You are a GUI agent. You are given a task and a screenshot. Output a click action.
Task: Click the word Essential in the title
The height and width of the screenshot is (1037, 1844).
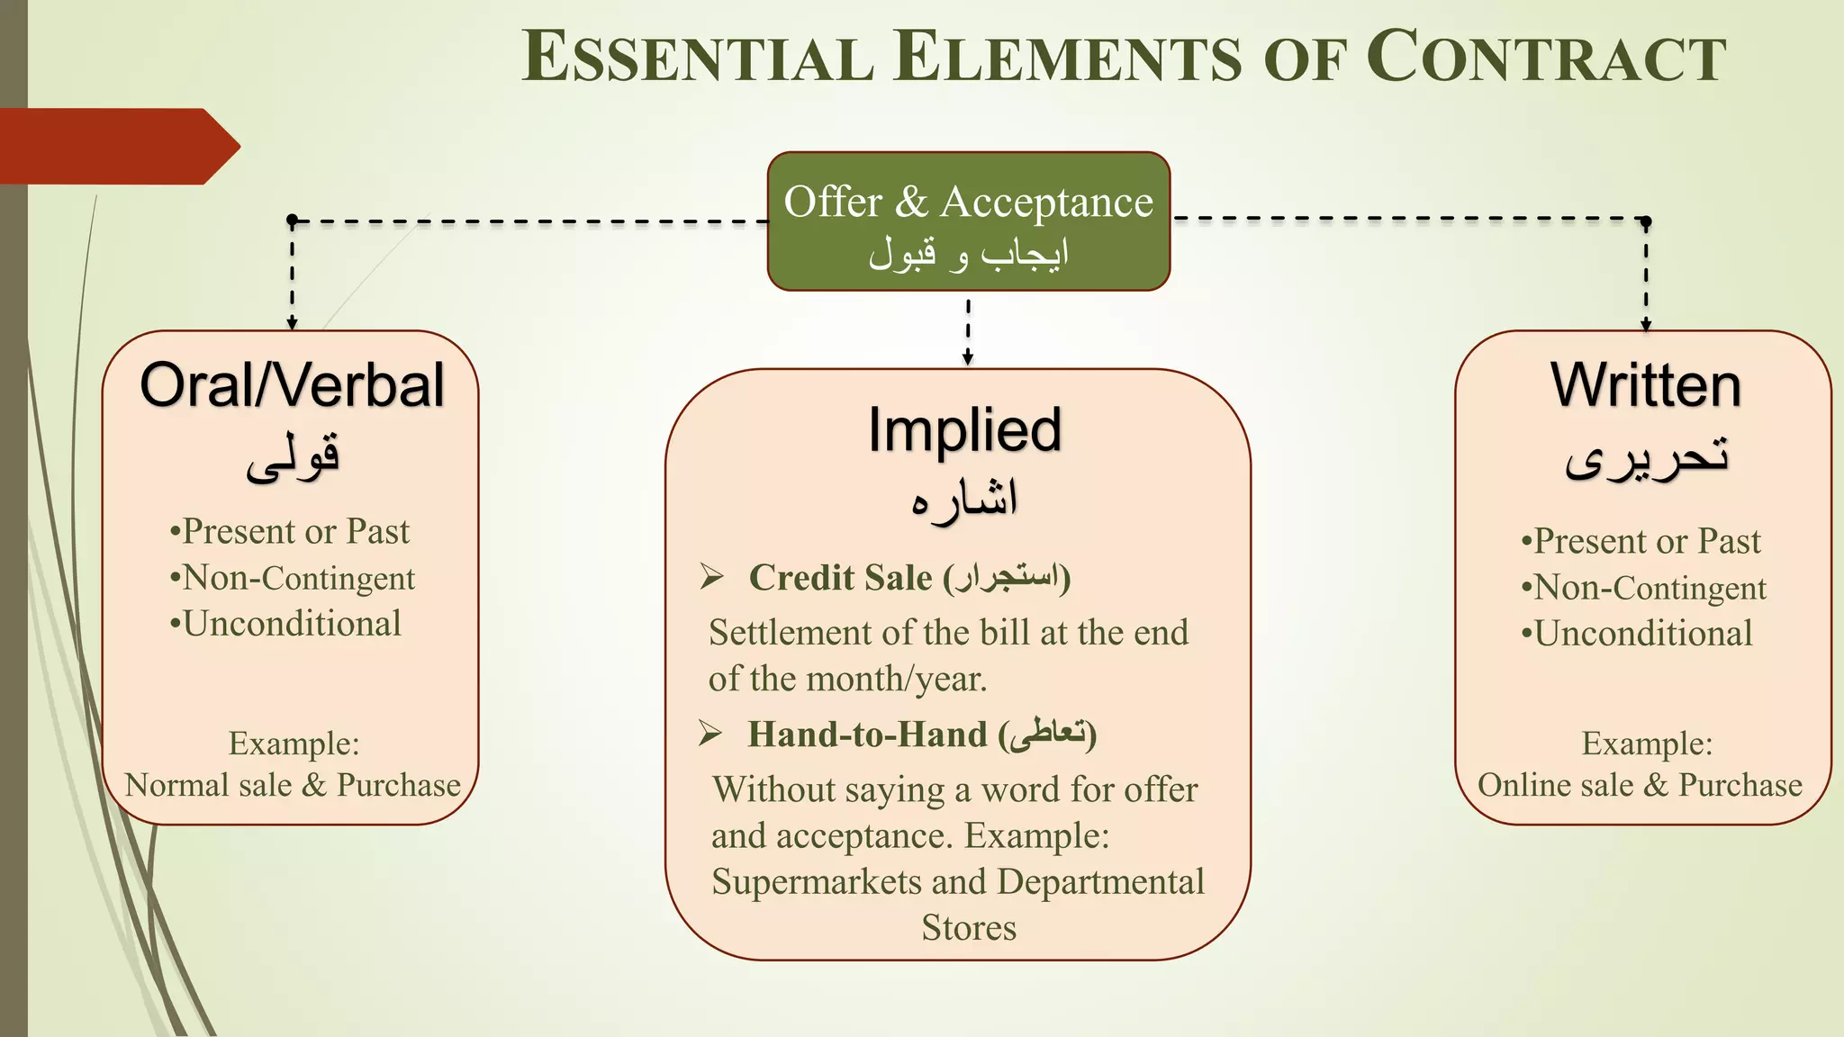pos(699,58)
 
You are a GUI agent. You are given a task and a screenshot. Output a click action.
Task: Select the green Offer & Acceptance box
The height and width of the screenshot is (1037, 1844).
pos(968,221)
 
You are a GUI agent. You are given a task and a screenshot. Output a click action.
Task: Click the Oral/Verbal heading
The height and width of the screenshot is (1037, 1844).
pos(292,385)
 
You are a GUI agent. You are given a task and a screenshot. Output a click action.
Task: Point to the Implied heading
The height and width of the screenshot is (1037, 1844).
pos(964,429)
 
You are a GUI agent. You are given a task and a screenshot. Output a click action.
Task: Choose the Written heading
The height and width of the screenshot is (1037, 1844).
pos(1645,385)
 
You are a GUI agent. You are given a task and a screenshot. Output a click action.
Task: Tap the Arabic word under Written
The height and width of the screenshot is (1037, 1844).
pos(1646,457)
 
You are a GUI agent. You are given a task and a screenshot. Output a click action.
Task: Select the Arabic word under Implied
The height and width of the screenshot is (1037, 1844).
pos(964,500)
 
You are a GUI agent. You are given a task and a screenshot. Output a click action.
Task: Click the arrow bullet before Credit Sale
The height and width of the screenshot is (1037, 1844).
pos(711,577)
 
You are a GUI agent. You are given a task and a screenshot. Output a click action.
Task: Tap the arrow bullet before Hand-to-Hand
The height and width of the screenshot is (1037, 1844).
pos(710,734)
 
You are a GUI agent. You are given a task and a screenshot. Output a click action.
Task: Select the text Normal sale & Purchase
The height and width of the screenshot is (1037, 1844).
pos(293,785)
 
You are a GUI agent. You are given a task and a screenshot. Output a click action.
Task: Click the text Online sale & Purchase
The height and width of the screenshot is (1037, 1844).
pos(1640,785)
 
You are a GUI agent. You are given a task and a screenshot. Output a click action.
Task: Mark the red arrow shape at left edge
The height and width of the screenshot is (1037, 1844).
pos(117,147)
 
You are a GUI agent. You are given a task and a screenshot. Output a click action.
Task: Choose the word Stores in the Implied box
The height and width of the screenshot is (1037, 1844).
pos(969,928)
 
